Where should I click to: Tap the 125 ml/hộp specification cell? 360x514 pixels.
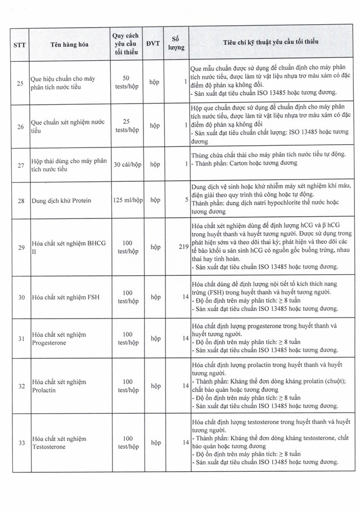tap(126, 199)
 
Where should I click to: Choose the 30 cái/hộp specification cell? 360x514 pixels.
tap(126, 164)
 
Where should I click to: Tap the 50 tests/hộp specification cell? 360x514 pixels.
tap(126, 83)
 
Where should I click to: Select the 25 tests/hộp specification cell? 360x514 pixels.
tap(126, 126)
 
